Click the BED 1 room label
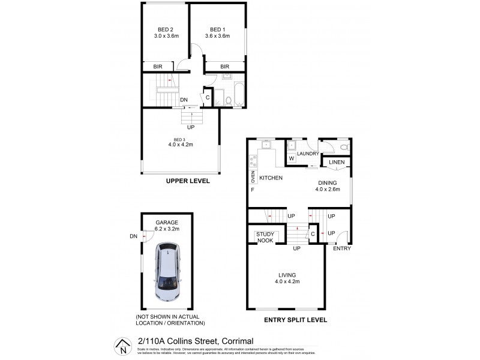click(x=217, y=29)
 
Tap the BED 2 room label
click(x=166, y=29)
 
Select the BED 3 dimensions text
click(x=180, y=144)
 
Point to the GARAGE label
click(x=167, y=222)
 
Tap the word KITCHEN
click(x=271, y=178)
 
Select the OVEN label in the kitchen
click(x=253, y=177)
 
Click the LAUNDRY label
click(x=307, y=154)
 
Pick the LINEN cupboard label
click(x=336, y=162)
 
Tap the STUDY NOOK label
click(x=265, y=237)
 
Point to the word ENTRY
click(x=342, y=248)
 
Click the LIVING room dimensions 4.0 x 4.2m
click(x=287, y=281)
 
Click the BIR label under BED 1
click(x=225, y=66)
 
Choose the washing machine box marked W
click(x=292, y=158)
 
